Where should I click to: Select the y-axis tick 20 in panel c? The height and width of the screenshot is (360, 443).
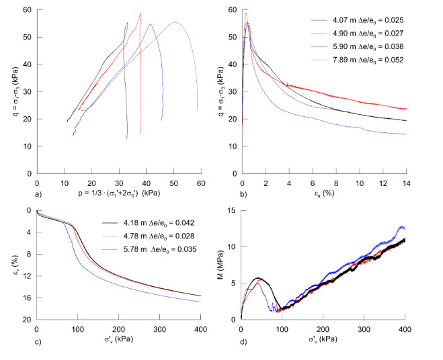point(29,320)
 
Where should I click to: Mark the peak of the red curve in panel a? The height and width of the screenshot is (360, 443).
point(140,13)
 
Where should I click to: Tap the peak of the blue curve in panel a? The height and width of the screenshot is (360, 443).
point(150,24)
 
